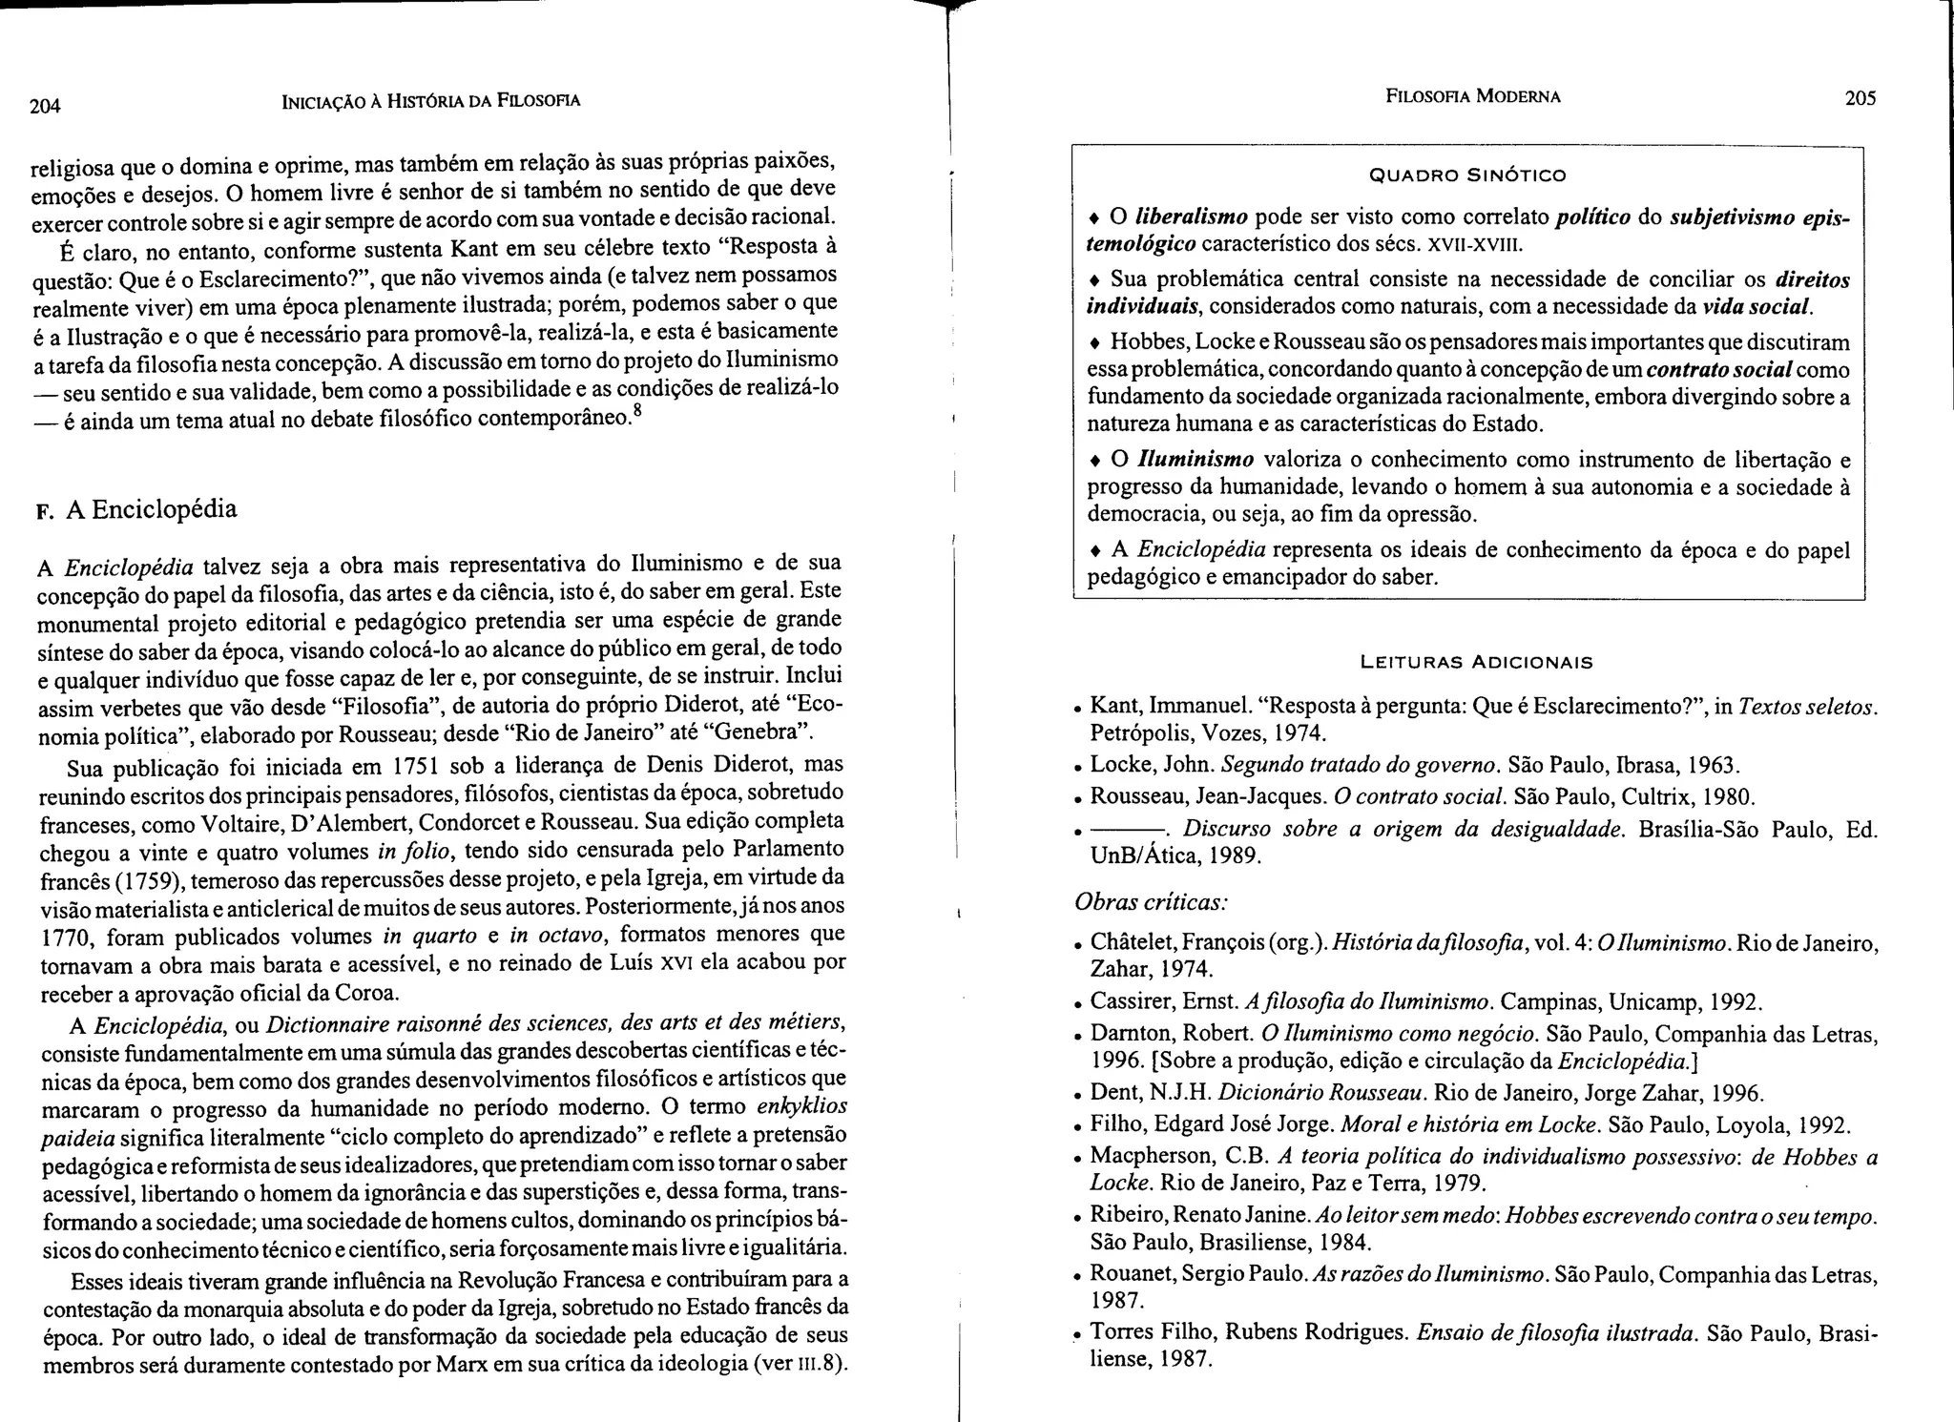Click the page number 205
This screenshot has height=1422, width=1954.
[1860, 97]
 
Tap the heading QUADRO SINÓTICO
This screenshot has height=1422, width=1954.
[1467, 175]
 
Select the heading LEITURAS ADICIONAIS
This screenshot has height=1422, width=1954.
[1476, 661]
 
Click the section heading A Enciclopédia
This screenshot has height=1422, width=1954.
[151, 509]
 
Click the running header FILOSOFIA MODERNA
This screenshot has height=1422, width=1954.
[1472, 96]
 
